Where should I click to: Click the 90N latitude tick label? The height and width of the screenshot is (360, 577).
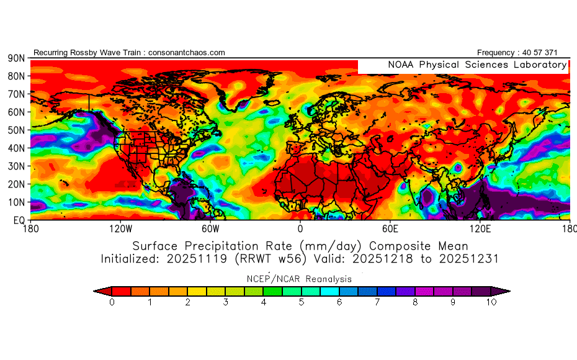click(16, 58)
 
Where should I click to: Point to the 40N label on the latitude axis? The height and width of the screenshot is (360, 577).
click(16, 148)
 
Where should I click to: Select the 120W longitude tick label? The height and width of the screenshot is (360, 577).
click(121, 228)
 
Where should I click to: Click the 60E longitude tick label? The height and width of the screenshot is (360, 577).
click(390, 228)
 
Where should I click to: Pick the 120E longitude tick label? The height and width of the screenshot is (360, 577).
click(480, 228)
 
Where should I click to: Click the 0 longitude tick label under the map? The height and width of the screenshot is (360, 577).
click(300, 228)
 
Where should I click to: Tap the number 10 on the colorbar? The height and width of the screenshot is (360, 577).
click(491, 302)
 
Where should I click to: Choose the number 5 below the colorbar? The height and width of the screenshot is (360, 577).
click(302, 302)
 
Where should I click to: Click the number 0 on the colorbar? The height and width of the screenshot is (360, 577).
click(112, 302)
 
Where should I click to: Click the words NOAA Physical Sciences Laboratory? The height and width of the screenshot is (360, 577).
click(477, 65)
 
